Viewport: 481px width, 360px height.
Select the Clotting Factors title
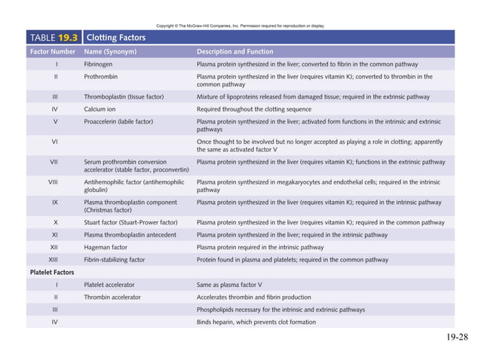click(116, 37)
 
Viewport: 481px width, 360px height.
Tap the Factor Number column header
click(53, 52)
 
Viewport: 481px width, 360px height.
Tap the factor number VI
click(56, 141)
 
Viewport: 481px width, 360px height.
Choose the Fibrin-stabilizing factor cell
click(115, 259)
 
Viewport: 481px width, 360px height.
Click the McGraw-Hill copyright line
click(240, 26)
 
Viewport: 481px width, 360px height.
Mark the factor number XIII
click(56, 259)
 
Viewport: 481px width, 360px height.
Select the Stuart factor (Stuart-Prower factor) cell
click(131, 222)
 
